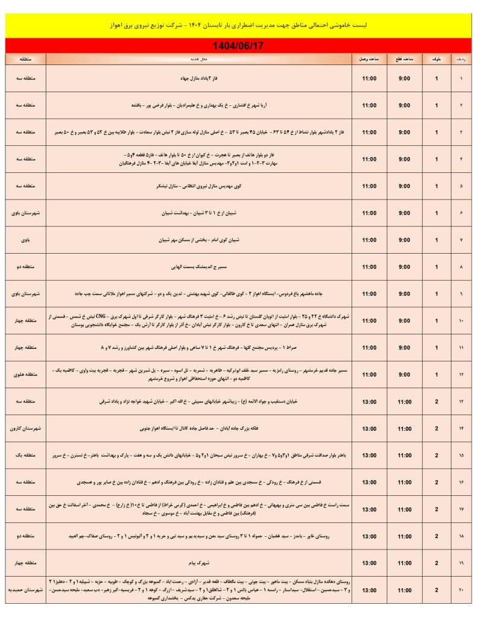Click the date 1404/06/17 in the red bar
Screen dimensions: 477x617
click(x=238, y=46)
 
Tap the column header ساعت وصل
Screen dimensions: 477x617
click(x=369, y=59)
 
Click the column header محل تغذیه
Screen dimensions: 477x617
click(x=199, y=59)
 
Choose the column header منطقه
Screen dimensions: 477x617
click(x=25, y=59)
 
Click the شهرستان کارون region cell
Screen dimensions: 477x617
click(x=25, y=428)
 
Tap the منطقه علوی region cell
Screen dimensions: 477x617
click(x=25, y=374)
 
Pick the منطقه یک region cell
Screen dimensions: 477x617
click(x=25, y=456)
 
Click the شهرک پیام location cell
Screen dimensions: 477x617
click(x=199, y=563)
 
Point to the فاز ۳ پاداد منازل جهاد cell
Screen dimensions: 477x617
click(x=199, y=78)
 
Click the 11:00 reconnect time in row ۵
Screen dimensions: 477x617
click(x=369, y=186)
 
